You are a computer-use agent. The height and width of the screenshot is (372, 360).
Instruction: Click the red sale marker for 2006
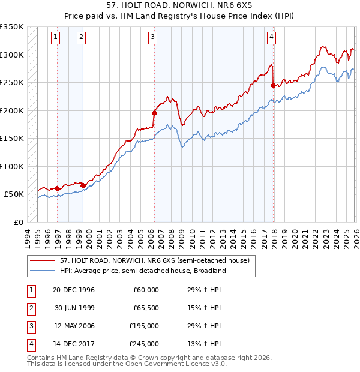point(154,113)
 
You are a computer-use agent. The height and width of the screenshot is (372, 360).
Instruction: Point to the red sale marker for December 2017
point(273,85)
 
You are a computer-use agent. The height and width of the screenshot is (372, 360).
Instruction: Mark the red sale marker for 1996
point(58,188)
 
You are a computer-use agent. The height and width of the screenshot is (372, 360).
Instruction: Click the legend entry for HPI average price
point(142,271)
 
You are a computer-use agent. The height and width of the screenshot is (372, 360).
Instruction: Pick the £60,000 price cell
point(146,290)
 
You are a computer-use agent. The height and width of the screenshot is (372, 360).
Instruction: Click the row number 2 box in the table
point(29,308)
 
